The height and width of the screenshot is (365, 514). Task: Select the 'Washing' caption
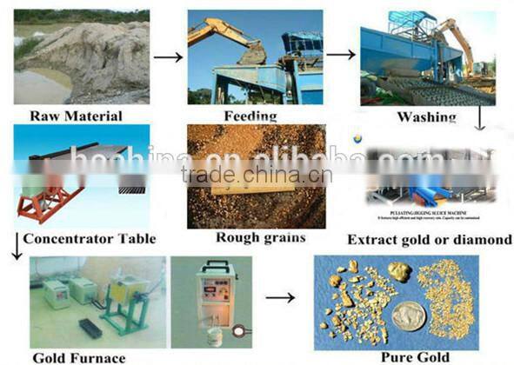coord(425,117)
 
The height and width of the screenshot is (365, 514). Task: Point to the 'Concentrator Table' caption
coord(90,239)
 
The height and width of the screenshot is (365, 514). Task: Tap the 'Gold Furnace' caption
coord(79,356)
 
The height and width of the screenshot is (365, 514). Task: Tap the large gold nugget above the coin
coord(400,271)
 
